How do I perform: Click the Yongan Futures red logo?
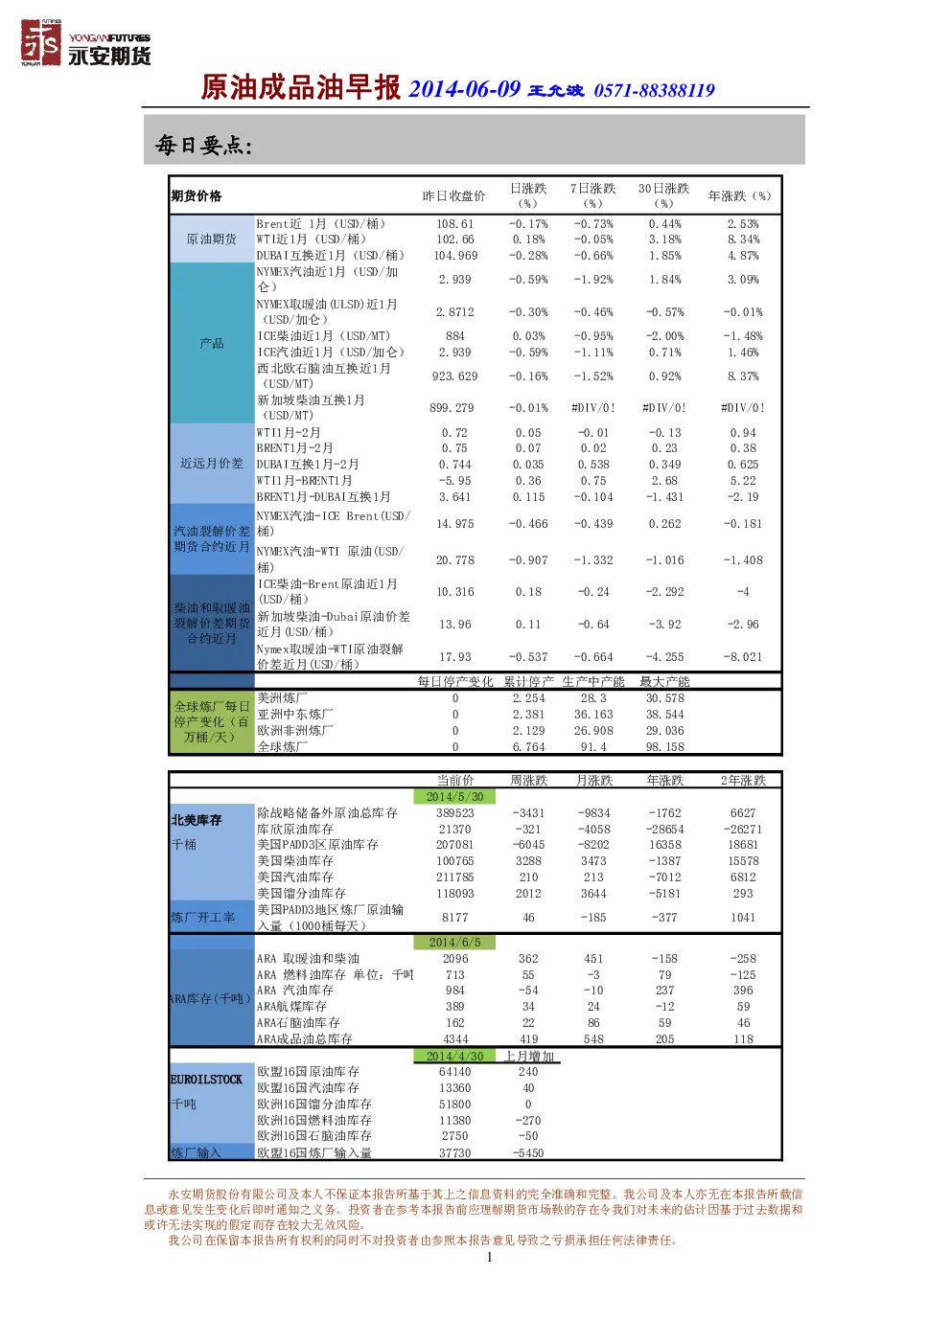pos(41,42)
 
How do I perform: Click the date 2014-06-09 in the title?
pos(464,89)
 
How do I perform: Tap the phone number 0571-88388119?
pos(654,91)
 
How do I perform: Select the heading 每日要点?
pos(203,145)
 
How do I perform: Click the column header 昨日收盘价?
pos(453,196)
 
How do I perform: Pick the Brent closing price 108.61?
pos(455,224)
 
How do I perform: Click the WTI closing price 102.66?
pos(455,239)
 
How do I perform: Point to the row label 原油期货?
pos(211,239)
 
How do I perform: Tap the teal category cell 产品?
pos(211,343)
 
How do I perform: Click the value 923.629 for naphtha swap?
pos(455,376)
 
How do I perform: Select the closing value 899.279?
pos(452,408)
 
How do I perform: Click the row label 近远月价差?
pos(211,464)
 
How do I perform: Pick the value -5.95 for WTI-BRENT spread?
pos(455,481)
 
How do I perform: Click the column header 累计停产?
pos(528,682)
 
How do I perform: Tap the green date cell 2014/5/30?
pos(454,797)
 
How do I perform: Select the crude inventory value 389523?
pos(455,813)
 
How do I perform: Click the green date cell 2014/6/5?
pos(454,943)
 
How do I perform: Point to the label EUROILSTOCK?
pos(206,1080)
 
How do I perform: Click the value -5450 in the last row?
pos(528,1153)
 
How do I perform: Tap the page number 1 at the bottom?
pos(490,1258)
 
